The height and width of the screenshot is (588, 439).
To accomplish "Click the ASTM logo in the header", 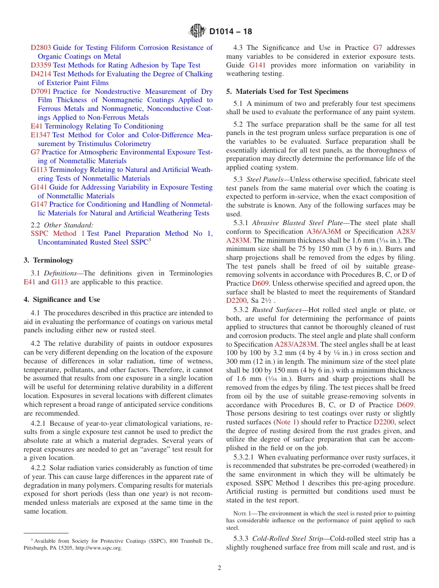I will click(198, 31).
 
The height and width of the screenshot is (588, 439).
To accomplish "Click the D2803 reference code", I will click(41, 48).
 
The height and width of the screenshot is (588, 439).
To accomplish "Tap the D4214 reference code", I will click(41, 74).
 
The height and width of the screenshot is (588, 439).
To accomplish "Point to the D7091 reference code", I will click(41, 92).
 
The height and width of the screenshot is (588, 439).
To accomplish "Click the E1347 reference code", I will click(41, 135).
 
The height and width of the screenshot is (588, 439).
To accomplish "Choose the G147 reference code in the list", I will click(39, 204).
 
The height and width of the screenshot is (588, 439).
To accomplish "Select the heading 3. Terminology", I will click(49, 260).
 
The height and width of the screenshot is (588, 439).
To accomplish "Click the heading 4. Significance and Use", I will click(62, 300).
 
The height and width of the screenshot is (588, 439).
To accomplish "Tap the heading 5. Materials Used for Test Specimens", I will click(287, 92).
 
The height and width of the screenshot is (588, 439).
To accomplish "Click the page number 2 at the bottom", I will click(219, 568).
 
